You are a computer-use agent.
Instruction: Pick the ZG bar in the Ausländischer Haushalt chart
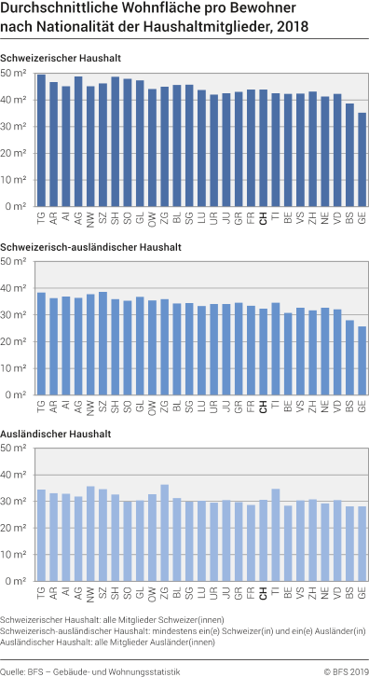(164, 534)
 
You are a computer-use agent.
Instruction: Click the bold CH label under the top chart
(263, 220)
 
